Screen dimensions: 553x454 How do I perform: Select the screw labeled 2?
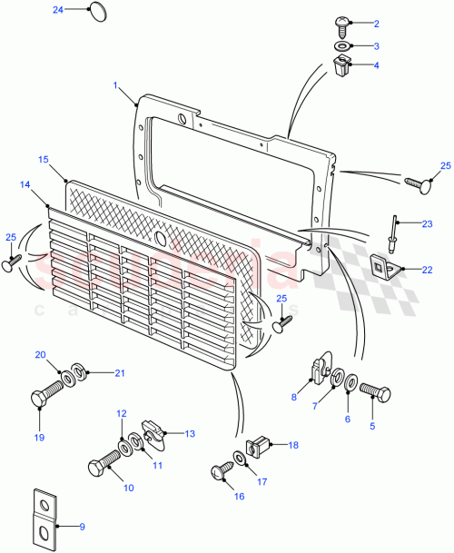click(343, 24)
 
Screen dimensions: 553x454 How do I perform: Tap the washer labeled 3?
click(343, 45)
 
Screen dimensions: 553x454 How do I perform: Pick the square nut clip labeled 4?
click(343, 65)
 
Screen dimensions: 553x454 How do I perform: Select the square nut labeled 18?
click(259, 445)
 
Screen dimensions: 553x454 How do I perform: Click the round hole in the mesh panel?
click(160, 239)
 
